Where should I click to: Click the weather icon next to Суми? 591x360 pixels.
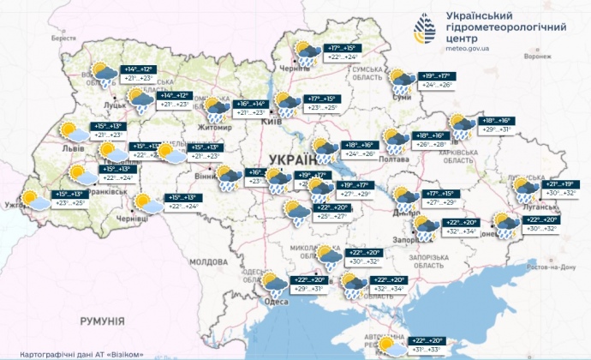[398, 81]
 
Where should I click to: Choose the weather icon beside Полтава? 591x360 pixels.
[395, 141]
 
